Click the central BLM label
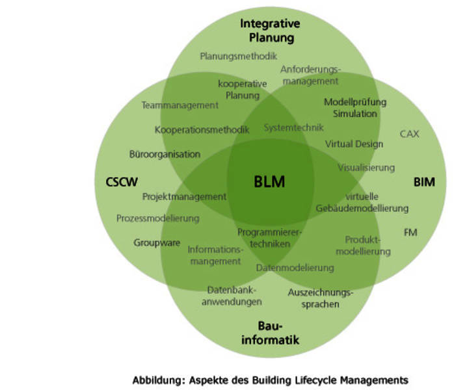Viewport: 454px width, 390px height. [x=269, y=182]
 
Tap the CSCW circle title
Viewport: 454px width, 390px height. [x=122, y=182]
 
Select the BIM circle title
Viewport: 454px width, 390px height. [x=424, y=182]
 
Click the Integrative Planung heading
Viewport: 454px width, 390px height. [x=270, y=31]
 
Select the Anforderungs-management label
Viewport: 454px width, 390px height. [x=310, y=75]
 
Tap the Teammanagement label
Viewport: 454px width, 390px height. [x=180, y=105]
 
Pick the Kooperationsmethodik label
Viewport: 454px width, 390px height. [x=202, y=129]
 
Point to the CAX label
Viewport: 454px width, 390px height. [x=409, y=134]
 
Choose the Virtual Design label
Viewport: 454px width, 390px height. [x=354, y=144]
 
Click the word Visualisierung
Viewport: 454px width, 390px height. [x=366, y=167]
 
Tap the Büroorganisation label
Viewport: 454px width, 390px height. [x=165, y=155]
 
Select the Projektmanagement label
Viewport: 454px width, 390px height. [x=184, y=196]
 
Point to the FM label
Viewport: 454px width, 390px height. [x=410, y=232]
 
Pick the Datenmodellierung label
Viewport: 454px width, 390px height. [x=295, y=267]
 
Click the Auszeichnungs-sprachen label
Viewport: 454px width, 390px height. [x=321, y=298]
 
